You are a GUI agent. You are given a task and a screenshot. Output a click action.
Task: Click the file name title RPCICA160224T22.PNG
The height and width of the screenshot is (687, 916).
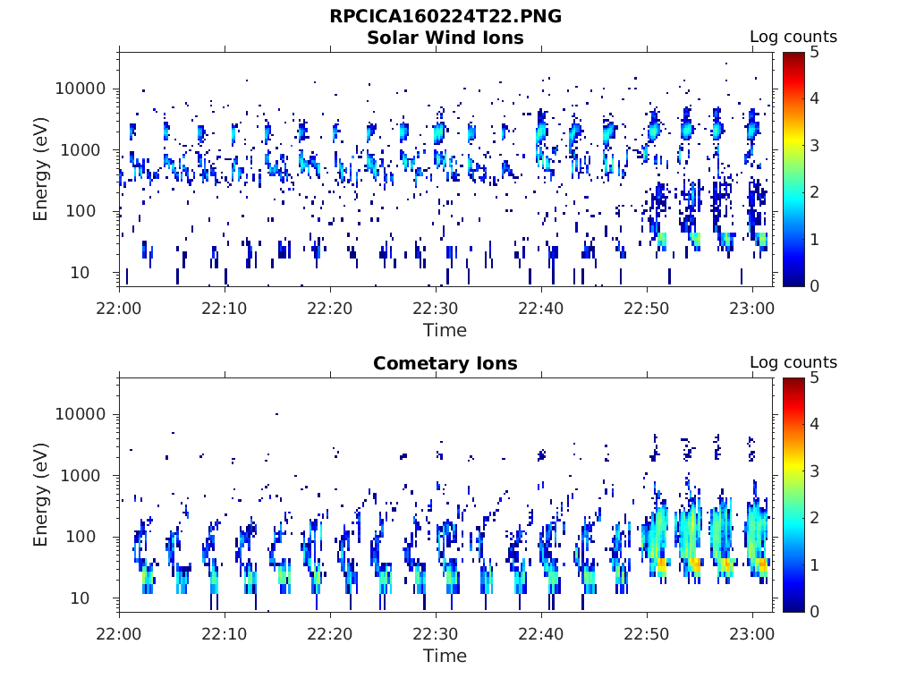tap(445, 16)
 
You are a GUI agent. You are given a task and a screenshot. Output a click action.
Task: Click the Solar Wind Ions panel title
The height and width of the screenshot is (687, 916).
tap(445, 38)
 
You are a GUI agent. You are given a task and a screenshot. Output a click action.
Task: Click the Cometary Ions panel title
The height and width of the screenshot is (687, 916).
tap(445, 363)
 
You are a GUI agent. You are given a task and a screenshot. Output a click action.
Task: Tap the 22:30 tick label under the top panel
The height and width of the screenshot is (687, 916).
tap(436, 309)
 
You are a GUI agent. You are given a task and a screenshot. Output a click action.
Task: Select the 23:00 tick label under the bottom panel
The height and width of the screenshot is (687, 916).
tap(751, 634)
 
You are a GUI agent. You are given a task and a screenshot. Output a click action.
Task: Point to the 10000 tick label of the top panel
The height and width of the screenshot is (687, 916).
tap(81, 89)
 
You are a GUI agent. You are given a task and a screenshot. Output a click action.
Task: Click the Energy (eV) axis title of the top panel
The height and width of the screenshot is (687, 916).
tap(40, 169)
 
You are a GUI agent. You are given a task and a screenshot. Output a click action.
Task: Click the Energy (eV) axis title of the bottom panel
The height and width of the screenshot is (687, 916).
tap(40, 495)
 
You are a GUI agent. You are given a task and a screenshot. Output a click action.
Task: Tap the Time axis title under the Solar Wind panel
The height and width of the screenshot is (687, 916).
tap(445, 330)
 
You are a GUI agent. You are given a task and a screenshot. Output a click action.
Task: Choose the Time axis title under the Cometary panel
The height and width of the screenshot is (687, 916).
tap(445, 656)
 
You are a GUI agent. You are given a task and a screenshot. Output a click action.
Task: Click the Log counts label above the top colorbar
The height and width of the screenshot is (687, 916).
tap(793, 37)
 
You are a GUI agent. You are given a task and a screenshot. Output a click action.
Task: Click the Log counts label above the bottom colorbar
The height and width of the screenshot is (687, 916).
tap(793, 362)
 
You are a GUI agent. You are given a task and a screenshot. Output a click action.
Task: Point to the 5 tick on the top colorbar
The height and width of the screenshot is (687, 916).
tap(814, 53)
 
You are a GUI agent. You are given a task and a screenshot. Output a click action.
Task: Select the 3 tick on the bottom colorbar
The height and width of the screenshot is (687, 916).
tap(814, 471)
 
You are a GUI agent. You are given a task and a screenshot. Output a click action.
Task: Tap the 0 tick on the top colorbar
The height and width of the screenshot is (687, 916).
tap(814, 285)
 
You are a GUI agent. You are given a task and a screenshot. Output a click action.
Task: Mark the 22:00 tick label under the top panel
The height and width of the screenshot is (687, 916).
tap(119, 309)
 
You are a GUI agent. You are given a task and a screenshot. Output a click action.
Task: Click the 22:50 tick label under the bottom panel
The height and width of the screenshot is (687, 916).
tap(646, 634)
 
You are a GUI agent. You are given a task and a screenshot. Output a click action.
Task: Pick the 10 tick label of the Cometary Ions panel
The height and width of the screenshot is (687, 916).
tap(80, 598)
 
